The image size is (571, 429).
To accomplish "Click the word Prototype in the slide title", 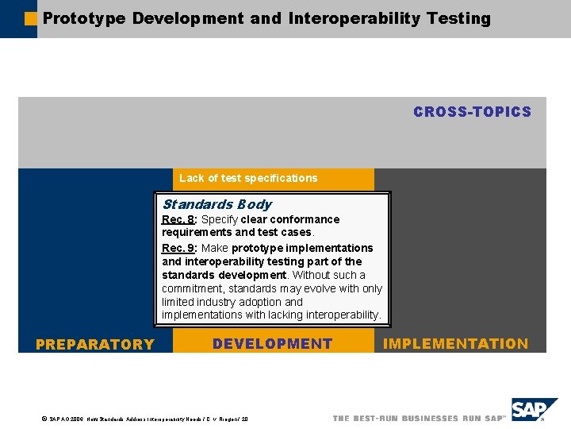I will click(83, 18).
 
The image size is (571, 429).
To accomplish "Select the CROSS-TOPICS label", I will click(472, 112).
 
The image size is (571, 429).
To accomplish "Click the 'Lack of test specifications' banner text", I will click(247, 178).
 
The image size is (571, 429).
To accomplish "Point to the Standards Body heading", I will click(217, 204).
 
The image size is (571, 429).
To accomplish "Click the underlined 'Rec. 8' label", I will click(178, 219).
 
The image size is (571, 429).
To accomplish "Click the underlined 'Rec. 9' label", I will click(178, 248).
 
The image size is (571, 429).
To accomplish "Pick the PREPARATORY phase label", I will click(94, 344).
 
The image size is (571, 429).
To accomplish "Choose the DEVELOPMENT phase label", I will click(272, 344).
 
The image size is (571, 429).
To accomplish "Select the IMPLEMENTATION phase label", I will click(455, 344).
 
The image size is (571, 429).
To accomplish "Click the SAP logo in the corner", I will click(533, 411).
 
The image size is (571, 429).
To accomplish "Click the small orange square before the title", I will click(31, 17).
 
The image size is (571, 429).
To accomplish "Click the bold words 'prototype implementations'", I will click(302, 248).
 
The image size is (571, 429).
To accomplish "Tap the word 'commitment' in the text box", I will click(191, 288).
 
